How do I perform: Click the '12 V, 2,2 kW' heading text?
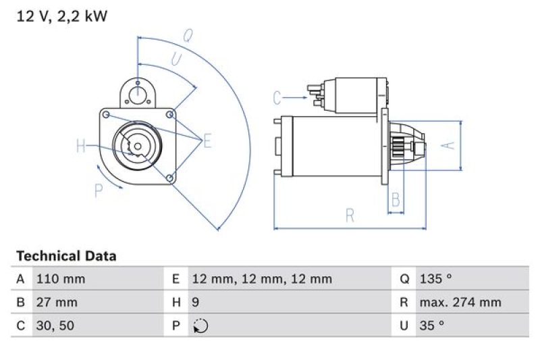(61, 16)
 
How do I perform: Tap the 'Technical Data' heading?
(66, 256)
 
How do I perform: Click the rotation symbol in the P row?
(200, 326)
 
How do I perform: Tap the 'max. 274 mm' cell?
(460, 302)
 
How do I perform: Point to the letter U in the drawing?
(175, 60)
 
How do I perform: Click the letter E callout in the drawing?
(207, 141)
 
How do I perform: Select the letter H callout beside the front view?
(81, 146)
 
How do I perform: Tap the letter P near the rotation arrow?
(99, 190)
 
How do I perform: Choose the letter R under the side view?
(350, 215)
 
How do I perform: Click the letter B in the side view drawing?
(396, 200)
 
